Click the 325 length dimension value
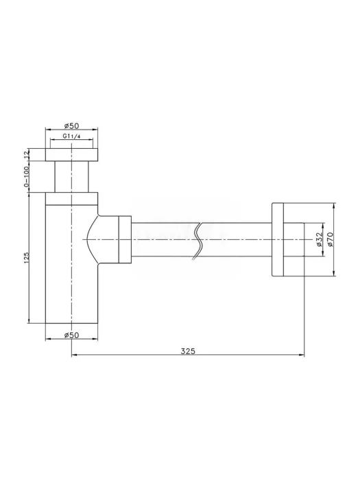coord(187,351)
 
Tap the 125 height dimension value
coord(26,258)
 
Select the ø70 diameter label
coord(330,239)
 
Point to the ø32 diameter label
coord(319,239)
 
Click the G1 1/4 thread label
coord(71,136)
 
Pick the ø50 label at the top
coord(71,125)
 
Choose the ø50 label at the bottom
coord(71,335)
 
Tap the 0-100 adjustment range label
coord(26,176)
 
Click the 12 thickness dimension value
coord(26,154)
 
